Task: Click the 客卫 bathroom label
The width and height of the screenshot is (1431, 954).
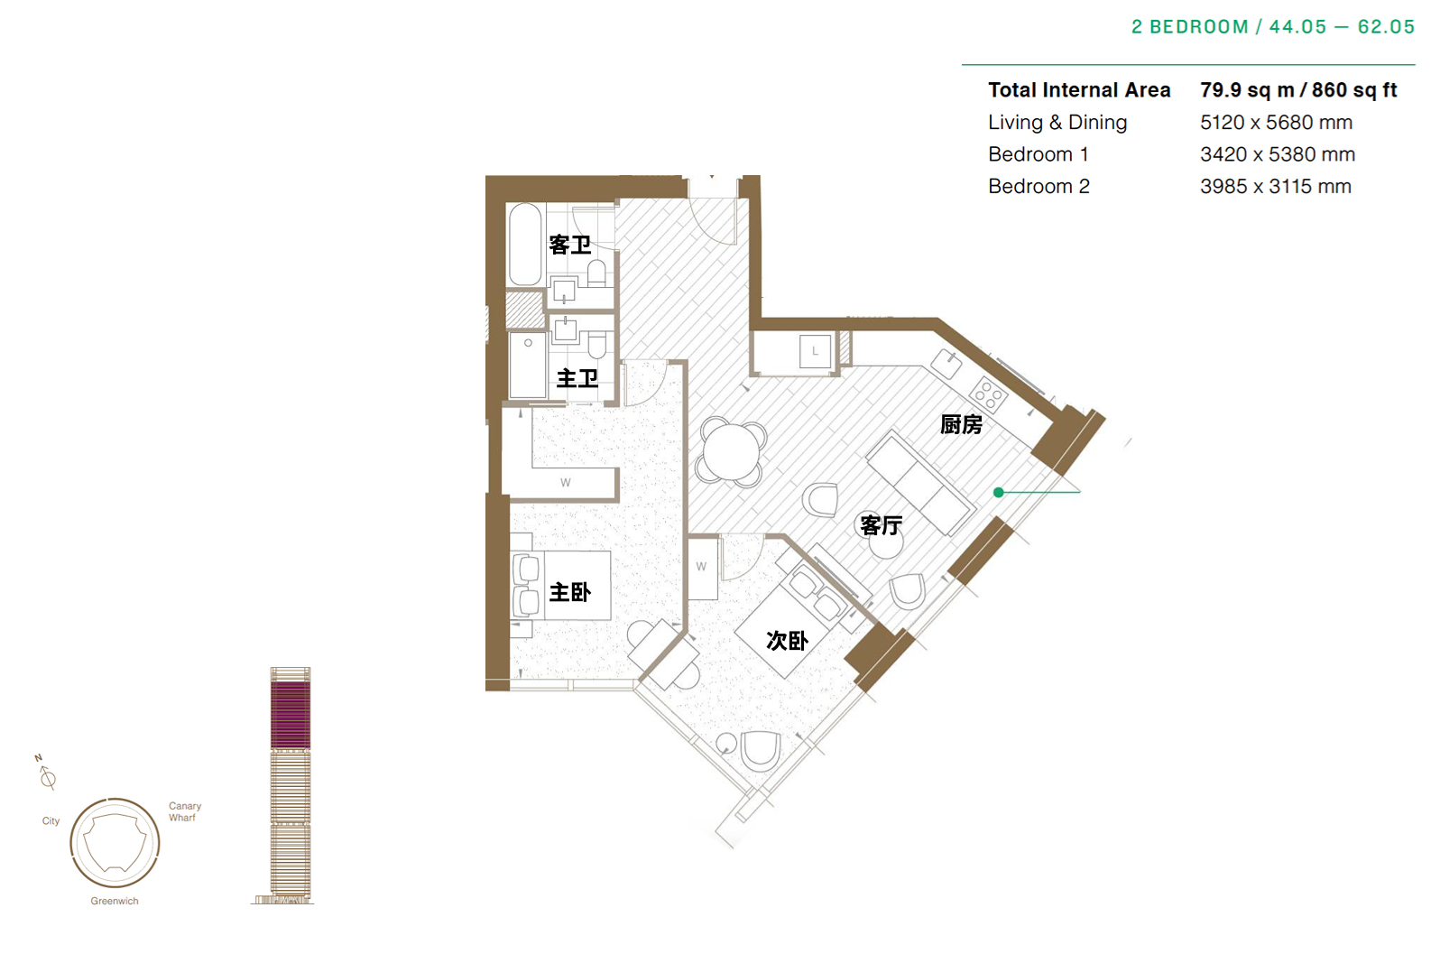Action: pos(570,245)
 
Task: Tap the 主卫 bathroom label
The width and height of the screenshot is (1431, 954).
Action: pos(577,378)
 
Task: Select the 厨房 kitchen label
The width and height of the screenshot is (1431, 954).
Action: pos(961,424)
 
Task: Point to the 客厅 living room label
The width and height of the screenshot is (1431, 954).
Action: pos(881,525)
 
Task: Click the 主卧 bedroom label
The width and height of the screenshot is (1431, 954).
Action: pos(570,592)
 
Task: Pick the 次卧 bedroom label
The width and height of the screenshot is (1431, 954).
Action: pos(787,640)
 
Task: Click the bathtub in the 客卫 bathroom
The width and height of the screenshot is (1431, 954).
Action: pos(525,244)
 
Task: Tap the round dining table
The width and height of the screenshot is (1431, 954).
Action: pos(732,452)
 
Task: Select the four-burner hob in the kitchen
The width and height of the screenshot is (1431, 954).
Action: pos(988,394)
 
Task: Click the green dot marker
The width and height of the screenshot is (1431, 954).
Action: pos(999,492)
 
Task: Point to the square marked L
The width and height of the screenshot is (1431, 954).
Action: pos(815,351)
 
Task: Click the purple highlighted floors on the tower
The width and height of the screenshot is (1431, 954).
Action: pos(291,715)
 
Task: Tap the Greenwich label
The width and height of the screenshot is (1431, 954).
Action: pos(115,901)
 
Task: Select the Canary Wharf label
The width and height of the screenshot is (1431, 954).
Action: pos(185,811)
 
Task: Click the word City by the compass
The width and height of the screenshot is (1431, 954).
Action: pos(51,821)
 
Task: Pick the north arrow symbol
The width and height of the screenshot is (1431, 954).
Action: pos(45,772)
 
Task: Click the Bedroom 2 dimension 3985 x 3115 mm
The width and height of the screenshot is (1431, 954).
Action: pos(1276,187)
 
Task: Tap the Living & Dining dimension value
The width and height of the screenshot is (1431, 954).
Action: pos(1277,123)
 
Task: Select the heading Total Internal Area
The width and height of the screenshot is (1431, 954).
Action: pos(1079,90)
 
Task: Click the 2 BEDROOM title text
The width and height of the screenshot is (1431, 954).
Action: pos(1189,27)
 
